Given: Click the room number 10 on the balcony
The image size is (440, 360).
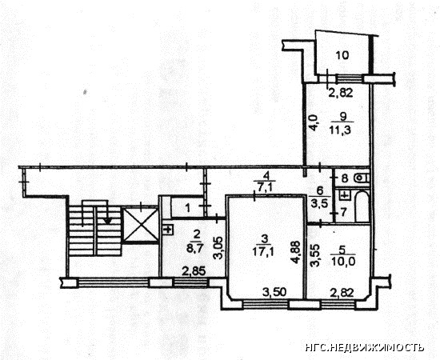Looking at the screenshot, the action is [342, 55].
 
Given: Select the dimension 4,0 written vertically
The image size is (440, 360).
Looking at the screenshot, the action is [313, 122].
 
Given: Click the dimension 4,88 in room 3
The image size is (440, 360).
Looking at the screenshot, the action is [296, 253].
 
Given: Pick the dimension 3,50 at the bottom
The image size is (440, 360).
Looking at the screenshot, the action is [274, 292].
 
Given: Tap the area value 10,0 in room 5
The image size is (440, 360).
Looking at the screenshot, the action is [343, 262].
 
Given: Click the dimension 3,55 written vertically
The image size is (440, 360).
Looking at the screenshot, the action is [314, 256].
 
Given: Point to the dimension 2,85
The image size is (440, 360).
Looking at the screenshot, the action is [194, 271].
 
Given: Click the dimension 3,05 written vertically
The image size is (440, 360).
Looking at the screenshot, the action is [219, 248].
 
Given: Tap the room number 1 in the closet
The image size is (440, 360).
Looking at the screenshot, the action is [188, 208].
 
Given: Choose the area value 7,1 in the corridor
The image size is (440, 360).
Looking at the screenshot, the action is [263, 187].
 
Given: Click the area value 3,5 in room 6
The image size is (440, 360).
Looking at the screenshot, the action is [320, 203].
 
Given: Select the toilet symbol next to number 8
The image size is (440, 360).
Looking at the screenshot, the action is [361, 178].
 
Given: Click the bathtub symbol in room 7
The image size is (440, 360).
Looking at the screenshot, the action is [362, 206].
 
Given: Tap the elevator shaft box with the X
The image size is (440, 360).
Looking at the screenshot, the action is [141, 225].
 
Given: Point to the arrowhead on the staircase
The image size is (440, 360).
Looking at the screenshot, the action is [108, 221].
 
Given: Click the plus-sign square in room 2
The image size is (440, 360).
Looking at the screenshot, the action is [168, 230].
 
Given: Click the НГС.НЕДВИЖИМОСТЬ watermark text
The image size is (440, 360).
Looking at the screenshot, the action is [365, 347].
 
